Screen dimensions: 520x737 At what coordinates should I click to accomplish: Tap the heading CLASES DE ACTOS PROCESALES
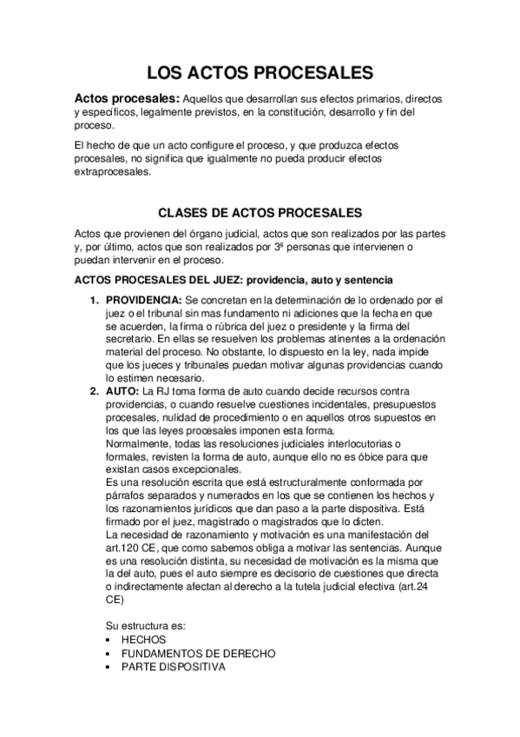pos(260,212)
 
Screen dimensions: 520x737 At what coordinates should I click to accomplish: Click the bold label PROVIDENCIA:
pos(145,300)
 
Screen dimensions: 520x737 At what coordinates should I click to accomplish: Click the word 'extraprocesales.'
pos(113,171)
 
